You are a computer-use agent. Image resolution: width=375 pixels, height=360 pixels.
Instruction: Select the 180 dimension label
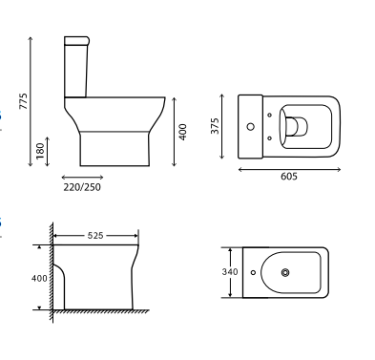pos(38,152)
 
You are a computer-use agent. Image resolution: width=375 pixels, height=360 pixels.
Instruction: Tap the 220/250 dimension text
pos(81,187)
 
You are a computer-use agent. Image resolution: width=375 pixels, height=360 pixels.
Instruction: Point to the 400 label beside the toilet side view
pos(181,130)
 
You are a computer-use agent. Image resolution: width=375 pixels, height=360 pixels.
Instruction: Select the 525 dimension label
pos(96,235)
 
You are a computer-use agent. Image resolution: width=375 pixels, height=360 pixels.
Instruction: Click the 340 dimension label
pos(230,272)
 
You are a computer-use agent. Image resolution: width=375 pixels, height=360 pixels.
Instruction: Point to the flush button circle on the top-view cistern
pos(251,125)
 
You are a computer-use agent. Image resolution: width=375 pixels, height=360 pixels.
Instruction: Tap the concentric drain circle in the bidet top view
pos(284,273)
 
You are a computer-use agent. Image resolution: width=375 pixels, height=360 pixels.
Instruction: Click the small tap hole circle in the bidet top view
pos(253,273)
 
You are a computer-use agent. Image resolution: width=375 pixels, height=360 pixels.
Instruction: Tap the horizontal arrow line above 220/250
pos(81,177)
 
